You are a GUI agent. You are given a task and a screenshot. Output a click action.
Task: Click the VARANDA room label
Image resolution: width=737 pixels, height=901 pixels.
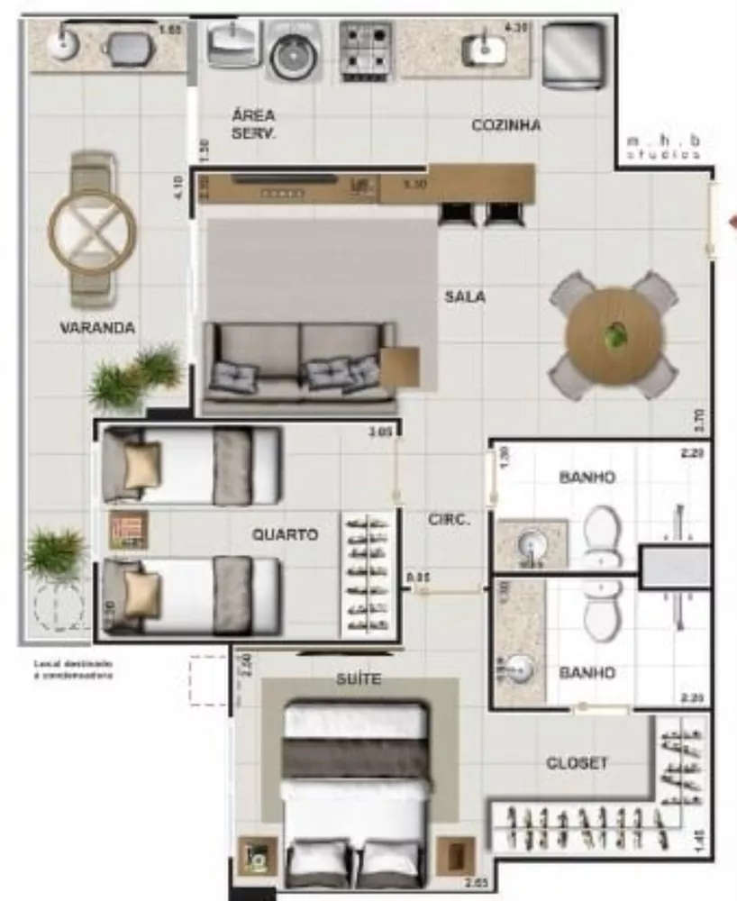click(97, 328)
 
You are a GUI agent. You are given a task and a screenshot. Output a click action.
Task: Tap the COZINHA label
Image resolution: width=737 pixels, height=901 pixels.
click(506, 125)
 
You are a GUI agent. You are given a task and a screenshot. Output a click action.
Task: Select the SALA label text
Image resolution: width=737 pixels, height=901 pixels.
click(464, 296)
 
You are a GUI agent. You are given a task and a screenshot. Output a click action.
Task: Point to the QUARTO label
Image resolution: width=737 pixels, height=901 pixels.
click(285, 534)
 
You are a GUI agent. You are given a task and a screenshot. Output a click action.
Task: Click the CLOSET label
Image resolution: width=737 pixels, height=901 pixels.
click(577, 763)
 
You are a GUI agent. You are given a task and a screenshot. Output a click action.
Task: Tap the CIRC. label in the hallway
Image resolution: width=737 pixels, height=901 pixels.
click(447, 519)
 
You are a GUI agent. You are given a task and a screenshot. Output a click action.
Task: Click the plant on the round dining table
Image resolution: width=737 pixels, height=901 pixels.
click(615, 335)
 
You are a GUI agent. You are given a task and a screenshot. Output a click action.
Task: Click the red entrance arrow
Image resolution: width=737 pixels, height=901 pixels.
click(732, 220)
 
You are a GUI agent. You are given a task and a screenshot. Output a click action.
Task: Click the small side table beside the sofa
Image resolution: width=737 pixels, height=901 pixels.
click(399, 367)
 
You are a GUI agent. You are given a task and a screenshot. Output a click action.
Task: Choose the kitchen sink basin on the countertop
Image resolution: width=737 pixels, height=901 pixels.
click(483, 47)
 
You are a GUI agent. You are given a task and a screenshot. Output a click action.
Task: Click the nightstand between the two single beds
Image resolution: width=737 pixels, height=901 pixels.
click(127, 530)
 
